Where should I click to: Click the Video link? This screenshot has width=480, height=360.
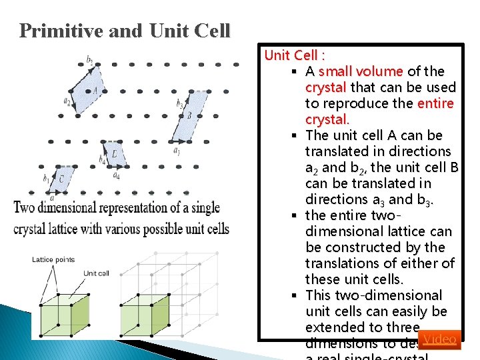click(439, 339)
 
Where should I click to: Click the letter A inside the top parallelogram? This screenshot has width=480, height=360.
click(95, 90)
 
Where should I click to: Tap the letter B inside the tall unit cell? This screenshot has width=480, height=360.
click(189, 115)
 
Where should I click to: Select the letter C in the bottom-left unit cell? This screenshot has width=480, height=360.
click(61, 179)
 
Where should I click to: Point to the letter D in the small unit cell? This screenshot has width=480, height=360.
click(115, 155)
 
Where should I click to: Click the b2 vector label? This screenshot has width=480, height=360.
click(89, 59)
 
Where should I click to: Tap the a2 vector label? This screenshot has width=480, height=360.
click(67, 101)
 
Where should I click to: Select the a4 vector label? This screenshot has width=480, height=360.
click(116, 175)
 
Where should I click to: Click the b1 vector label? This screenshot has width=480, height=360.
click(46, 179)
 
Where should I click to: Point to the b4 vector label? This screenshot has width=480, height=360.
click(102, 159)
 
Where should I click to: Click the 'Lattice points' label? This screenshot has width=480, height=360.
click(53, 260)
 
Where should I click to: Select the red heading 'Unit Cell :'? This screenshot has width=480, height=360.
click(294, 55)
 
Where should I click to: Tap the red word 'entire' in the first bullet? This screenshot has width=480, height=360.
click(435, 103)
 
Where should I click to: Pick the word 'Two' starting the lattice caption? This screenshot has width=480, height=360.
click(25, 207)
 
